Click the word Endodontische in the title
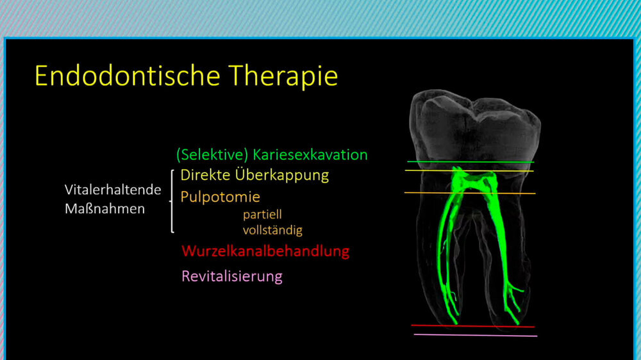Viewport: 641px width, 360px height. click(x=128, y=76)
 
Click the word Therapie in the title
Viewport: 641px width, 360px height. click(x=283, y=76)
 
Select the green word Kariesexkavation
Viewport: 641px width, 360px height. click(x=310, y=155)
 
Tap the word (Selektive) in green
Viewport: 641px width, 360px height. click(x=212, y=155)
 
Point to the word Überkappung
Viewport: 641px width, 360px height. click(x=281, y=176)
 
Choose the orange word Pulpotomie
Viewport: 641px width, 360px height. click(x=220, y=197)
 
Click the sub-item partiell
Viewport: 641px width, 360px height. click(x=262, y=215)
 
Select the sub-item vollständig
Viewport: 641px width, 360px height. click(x=272, y=230)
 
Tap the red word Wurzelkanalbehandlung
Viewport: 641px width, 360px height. click(x=265, y=251)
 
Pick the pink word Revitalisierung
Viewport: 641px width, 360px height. click(x=232, y=277)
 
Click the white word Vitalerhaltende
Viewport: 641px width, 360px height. click(x=113, y=190)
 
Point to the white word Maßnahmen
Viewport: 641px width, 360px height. click(x=104, y=209)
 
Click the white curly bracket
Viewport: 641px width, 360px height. click(x=172, y=201)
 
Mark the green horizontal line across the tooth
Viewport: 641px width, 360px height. click(x=470, y=162)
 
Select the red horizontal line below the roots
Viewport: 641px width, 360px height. click(x=473, y=326)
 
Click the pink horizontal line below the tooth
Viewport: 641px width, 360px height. click(x=476, y=336)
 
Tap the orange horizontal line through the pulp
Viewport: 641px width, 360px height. click(x=470, y=193)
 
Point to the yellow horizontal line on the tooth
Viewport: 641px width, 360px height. click(x=469, y=171)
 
